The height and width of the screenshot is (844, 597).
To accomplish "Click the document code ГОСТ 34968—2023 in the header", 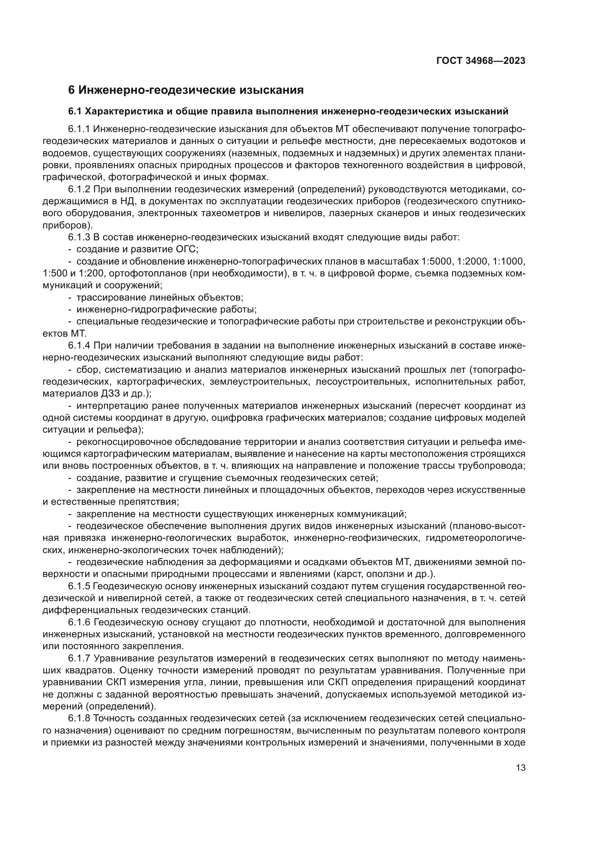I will point(481,61).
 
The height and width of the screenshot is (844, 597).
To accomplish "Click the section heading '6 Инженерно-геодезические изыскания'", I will point(186,90).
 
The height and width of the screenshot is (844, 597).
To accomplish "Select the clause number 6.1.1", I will point(79,129).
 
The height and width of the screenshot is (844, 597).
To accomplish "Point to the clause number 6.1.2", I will point(79,189).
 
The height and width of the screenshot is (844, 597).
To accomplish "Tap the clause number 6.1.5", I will point(79,586).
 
